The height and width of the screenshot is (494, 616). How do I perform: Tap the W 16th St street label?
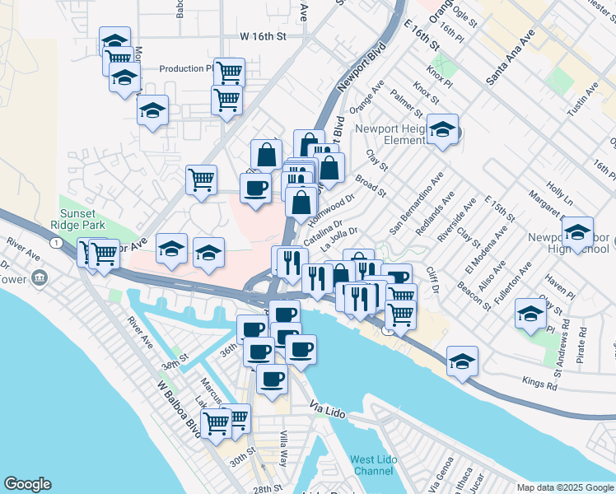263,36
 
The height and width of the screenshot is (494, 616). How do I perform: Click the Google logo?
27,484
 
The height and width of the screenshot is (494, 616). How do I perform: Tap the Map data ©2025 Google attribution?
564,487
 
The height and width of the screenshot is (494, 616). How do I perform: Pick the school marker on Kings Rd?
463,361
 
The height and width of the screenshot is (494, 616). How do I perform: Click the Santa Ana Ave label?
510,57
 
